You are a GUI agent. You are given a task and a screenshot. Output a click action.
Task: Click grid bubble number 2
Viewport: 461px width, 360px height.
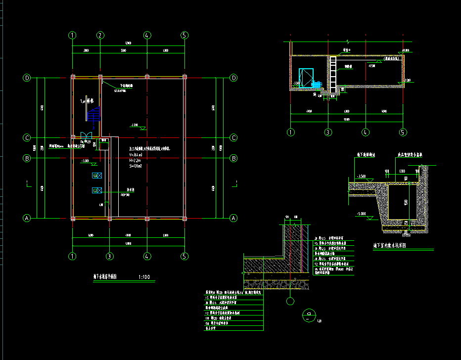(x=100, y=35)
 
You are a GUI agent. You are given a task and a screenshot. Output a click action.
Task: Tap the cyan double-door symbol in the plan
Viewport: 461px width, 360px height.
(x=86, y=135)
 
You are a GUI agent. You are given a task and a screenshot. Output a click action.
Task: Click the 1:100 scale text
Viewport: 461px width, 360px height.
(x=144, y=277)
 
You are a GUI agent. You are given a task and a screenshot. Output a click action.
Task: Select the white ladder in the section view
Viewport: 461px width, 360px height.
(x=333, y=73)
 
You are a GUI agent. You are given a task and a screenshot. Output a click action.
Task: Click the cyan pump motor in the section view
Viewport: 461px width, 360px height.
(x=317, y=85)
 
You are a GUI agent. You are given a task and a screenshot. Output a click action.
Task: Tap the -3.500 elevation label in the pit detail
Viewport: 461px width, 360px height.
(x=362, y=177)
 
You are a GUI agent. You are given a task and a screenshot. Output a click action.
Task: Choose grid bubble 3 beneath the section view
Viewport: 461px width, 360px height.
(x=327, y=132)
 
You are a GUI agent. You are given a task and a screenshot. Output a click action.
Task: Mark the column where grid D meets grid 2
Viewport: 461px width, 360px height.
(x=100, y=77)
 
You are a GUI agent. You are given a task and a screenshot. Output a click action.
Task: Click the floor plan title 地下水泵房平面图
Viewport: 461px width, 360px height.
(x=109, y=277)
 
